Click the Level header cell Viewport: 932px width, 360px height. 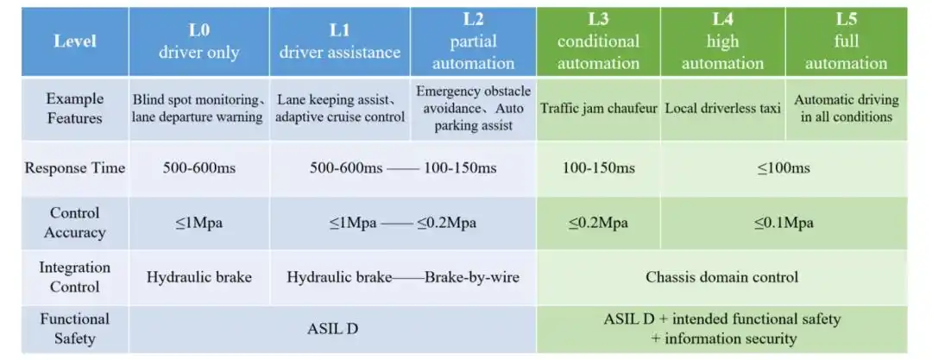click(75, 41)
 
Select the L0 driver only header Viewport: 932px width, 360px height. click(198, 41)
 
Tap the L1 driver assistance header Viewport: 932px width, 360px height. click(339, 41)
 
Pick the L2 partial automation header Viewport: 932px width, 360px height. click(472, 41)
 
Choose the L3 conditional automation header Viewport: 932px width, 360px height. click(598, 41)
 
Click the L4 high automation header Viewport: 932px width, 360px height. click(723, 41)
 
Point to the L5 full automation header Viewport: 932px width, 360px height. click(846, 41)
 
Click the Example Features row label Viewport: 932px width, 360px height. click(75, 108)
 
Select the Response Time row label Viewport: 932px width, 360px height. click(75, 167)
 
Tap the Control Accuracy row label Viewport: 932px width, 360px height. click(75, 223)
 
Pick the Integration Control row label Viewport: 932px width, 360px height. click(75, 277)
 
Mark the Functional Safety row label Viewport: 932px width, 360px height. click(75, 328)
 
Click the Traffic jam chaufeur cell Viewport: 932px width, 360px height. click(598, 108)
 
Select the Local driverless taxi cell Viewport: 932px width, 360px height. click(723, 108)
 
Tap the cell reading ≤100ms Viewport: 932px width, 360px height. click(784, 167)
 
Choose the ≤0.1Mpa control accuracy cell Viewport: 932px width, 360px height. click(784, 223)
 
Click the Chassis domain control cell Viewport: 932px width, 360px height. click(721, 277)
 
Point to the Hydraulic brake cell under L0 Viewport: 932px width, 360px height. click(198, 277)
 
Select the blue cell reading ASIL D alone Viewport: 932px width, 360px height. click(332, 328)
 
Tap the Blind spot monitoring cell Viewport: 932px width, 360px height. click(198, 108)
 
